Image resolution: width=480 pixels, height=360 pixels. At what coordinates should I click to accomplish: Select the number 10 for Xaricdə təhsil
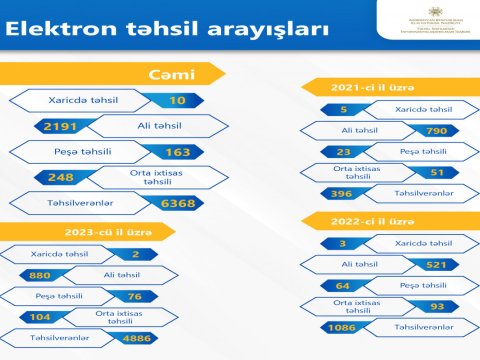pos(177,101)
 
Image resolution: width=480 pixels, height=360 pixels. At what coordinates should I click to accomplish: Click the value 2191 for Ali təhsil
pos(55,127)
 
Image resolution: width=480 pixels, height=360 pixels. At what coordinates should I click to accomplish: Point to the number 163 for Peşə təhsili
pos(175,153)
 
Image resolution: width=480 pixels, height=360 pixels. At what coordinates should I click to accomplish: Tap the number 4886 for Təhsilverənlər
pos(136,338)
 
